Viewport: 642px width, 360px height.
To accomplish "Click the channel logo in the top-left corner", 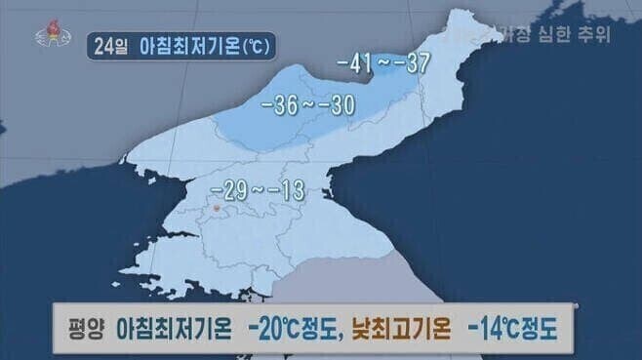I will click(x=46, y=32).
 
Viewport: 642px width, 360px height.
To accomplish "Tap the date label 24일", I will click(x=109, y=45).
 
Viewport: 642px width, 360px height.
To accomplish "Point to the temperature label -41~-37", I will click(x=383, y=65).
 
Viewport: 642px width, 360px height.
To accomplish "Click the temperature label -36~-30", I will click(x=308, y=101).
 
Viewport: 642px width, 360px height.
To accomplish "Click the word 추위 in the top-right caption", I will click(x=594, y=37).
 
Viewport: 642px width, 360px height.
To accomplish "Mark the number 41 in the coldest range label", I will click(x=357, y=65).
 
